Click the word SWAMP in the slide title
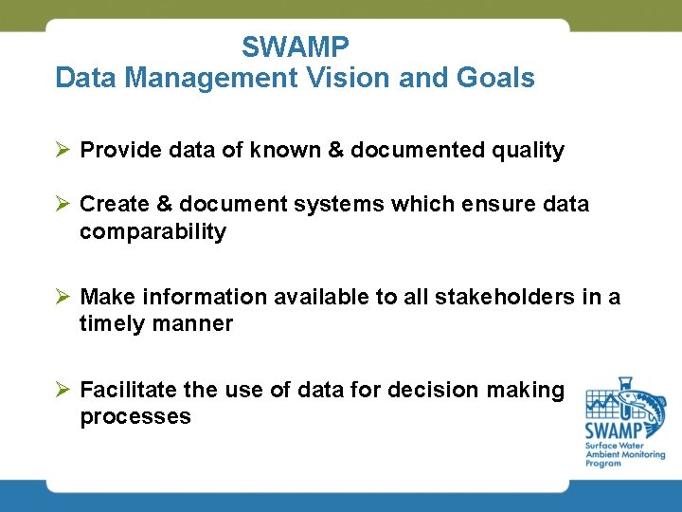click(296, 46)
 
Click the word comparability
click(153, 232)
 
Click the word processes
click(135, 417)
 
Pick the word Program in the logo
click(603, 463)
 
